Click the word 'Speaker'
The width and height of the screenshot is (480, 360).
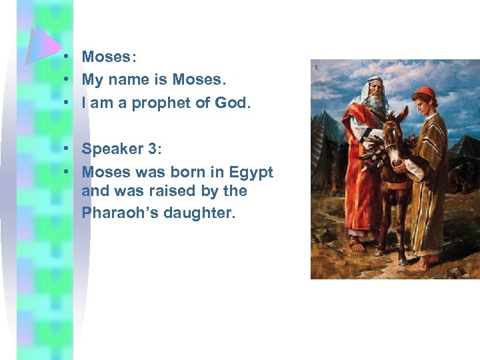pos(111,148)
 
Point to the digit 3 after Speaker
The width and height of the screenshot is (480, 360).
pos(149,148)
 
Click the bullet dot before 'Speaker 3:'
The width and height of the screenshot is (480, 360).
pos(69,148)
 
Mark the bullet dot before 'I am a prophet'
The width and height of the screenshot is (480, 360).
pos(69,103)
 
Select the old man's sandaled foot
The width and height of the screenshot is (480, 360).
pos(357,245)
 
